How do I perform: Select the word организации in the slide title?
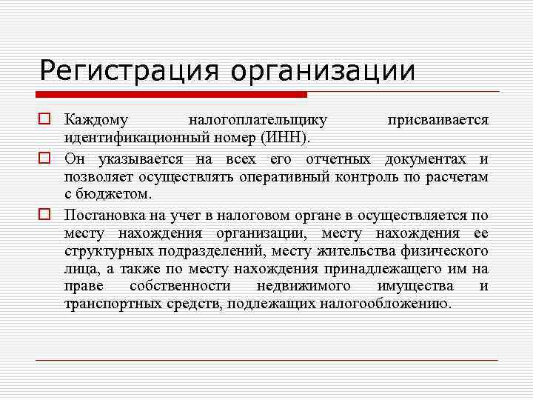coord(322,72)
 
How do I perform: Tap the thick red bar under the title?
coord(172,94)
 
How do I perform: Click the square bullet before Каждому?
coord(45,119)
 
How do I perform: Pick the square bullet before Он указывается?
coord(45,159)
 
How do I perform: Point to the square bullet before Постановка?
coord(45,216)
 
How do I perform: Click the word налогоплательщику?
coord(258,120)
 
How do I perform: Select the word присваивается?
coord(438,119)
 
